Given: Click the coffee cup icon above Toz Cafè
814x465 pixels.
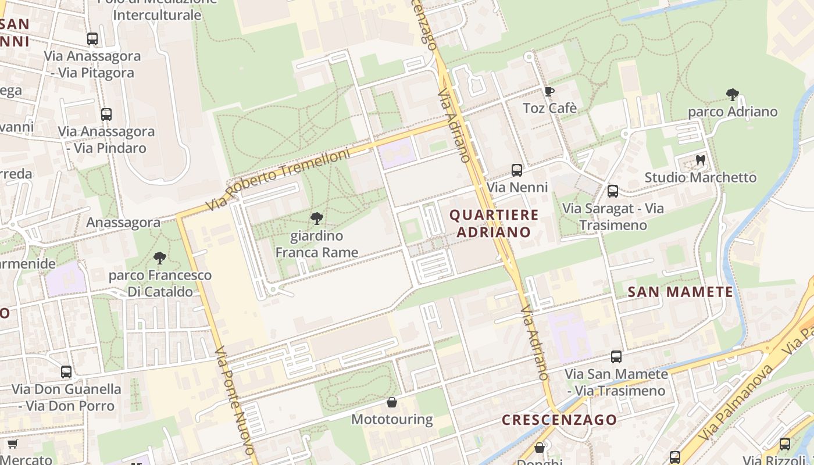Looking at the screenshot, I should [x=549, y=91].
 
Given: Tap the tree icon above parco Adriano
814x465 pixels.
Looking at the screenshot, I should [x=733, y=94].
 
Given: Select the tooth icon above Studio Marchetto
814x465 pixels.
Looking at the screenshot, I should [x=701, y=160].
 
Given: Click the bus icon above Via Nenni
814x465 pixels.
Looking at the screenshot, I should [x=517, y=170].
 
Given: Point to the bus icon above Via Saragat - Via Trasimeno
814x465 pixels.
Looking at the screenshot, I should [x=613, y=191].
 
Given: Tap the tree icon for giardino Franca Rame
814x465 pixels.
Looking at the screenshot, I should [x=317, y=219].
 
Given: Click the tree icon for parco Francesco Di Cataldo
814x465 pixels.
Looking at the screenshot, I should [x=160, y=258].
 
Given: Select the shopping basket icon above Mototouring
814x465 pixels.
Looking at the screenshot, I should [x=392, y=402].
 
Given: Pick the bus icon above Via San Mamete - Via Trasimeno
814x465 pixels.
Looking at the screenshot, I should [x=616, y=357].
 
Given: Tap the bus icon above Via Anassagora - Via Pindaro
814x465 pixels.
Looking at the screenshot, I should [x=106, y=115].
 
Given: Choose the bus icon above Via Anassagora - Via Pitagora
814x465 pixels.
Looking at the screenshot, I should [x=92, y=39].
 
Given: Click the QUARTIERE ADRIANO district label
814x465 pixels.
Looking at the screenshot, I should [x=494, y=223].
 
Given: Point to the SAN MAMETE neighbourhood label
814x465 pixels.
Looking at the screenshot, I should [x=681, y=292].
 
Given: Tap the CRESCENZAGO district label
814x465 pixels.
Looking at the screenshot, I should [x=559, y=419].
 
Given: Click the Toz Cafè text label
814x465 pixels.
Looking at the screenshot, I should [x=550, y=108].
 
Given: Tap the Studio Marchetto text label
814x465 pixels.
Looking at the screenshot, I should [x=701, y=177].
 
